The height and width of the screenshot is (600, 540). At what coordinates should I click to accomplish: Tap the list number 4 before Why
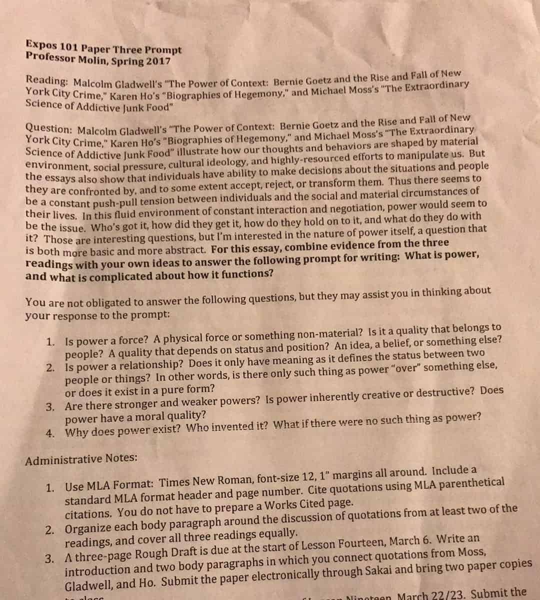click(49, 433)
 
